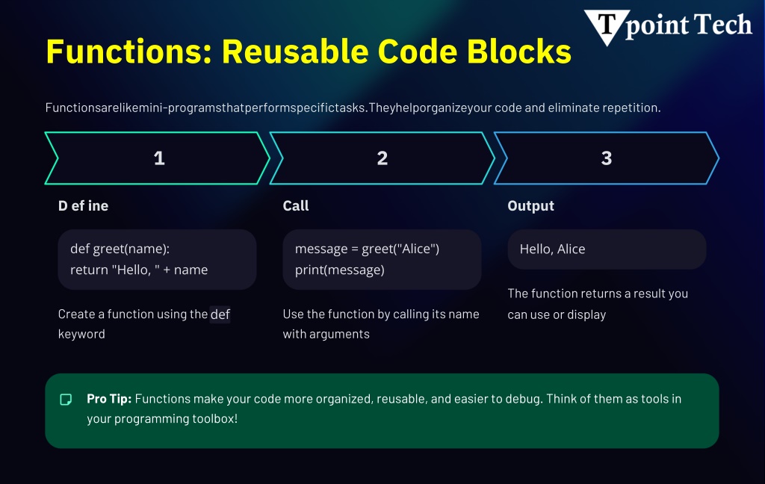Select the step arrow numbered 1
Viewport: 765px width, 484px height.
pyautogui.click(x=158, y=158)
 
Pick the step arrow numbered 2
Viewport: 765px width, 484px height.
pyautogui.click(x=382, y=158)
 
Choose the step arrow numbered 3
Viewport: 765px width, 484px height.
pyautogui.click(x=606, y=158)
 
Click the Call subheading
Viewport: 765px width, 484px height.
pyautogui.click(x=296, y=206)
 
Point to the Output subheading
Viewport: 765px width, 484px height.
pyautogui.click(x=530, y=206)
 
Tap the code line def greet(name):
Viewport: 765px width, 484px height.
pyautogui.click(x=120, y=249)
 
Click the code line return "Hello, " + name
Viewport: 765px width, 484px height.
pyautogui.click(x=139, y=270)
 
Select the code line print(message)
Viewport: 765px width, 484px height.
pyautogui.click(x=339, y=270)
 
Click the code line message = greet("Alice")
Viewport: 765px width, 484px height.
pyautogui.click(x=367, y=249)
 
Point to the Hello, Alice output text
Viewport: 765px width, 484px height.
pyautogui.click(x=552, y=249)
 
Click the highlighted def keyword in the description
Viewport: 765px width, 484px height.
pyautogui.click(x=220, y=314)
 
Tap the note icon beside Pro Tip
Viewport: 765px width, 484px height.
pyautogui.click(x=66, y=400)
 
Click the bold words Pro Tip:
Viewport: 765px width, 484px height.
pyautogui.click(x=109, y=399)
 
